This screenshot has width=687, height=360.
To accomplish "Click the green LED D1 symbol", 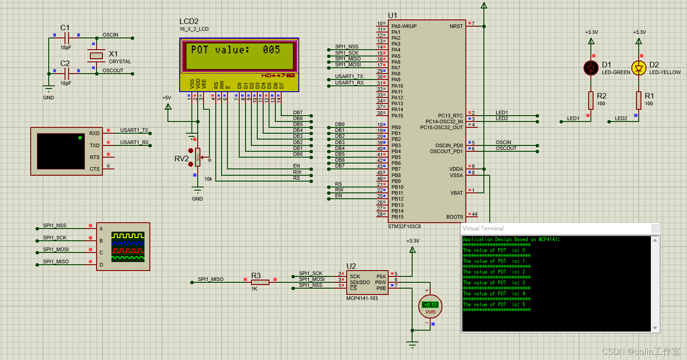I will pos(591,68).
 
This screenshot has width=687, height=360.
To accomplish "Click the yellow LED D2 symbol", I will pos(639,68).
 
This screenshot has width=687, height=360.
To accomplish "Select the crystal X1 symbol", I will pos(96,56).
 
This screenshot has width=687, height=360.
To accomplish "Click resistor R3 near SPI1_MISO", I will pos(260,282).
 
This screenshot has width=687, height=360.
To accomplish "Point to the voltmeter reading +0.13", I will pos(431,304).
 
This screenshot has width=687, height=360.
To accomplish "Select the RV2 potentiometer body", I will pos(198,157).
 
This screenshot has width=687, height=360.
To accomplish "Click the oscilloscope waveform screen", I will pos(128,247).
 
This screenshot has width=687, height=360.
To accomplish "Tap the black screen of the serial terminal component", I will pos(61,151).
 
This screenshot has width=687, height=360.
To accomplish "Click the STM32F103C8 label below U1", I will pos(404,226).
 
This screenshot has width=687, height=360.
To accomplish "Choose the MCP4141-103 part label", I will pos(362,298).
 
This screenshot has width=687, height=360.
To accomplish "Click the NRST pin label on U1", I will pos(456,26).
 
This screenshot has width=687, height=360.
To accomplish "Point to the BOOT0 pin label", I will pos(455,217).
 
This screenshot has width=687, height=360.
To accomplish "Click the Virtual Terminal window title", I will pos(483,229).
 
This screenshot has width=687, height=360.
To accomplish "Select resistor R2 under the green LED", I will pos(591,100).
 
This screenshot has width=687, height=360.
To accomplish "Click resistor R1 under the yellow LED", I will pos(639,100).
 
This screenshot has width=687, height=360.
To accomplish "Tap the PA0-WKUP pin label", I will pos(404,26).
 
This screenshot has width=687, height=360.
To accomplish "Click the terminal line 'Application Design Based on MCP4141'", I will pos(511,239).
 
